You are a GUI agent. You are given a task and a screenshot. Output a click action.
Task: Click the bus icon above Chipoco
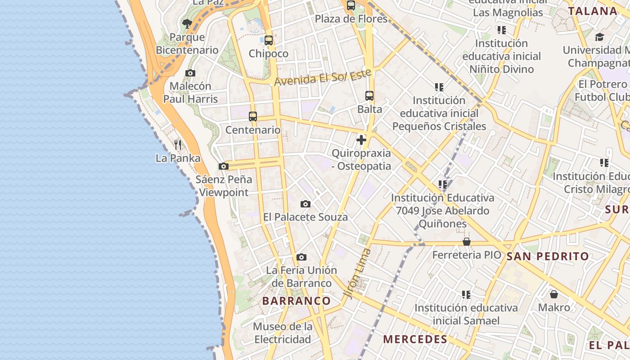coord(269,40)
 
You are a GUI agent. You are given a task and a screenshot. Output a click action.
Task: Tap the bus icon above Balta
coord(369,95)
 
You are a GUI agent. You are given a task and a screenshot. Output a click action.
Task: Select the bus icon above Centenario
coord(253,117)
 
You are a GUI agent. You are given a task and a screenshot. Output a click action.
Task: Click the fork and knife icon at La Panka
coord(178,144)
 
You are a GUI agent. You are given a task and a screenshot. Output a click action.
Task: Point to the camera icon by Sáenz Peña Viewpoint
coord(224,166)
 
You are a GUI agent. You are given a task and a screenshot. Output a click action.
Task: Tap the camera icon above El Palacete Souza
coord(306,204)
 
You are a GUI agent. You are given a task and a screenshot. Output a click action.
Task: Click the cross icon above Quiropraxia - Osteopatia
coord(361,140)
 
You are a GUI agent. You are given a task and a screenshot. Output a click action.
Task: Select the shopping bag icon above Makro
coord(554,294)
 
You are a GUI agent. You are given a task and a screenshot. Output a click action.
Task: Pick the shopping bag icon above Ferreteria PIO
coord(467,242)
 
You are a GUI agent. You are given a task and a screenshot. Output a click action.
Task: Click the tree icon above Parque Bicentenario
coord(187,23)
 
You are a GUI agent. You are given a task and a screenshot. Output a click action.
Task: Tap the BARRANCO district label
coord(297,301)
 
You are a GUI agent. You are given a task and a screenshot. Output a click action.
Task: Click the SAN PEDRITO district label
coord(548,256)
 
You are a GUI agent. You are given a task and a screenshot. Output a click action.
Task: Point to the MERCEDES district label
coord(415,339)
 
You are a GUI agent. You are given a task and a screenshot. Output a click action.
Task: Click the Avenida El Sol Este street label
coord(323,77)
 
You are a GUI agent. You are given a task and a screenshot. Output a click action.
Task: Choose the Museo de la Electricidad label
coord(283,333)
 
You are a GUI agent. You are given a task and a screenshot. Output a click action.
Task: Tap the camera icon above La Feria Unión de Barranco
coord(301,257)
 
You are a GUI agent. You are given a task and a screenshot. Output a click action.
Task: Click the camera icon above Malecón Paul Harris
coord(190,73)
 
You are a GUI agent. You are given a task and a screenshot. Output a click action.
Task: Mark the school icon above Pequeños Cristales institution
coord(439,87)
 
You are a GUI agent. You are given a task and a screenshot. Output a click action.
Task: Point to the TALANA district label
coord(592,11)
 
